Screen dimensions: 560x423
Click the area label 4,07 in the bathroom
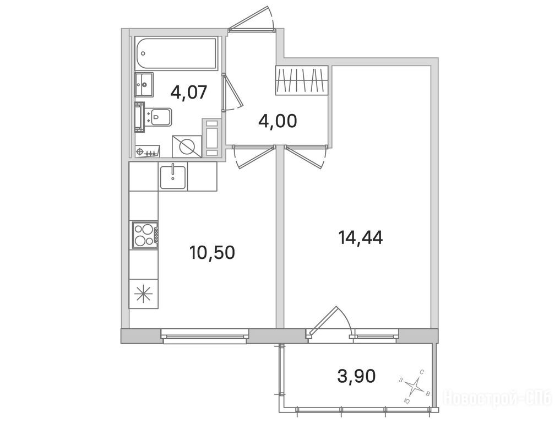point(188,93)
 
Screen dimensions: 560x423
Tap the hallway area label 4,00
point(278,121)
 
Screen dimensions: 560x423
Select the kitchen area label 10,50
point(212,253)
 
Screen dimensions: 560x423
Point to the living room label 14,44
point(361,237)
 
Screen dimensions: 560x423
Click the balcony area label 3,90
point(356,376)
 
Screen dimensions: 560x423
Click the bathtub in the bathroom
point(176,53)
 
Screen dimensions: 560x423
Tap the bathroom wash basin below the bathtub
point(144,84)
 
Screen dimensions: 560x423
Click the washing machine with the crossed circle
point(187,146)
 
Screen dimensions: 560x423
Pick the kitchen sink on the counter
point(173,177)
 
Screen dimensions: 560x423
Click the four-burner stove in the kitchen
point(145,235)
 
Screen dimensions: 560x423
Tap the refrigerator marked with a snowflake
point(144,294)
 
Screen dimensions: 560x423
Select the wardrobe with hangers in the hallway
point(302,80)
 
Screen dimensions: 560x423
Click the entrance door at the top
point(252,22)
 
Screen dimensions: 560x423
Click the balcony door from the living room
point(329,322)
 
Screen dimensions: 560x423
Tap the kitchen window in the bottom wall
point(205,337)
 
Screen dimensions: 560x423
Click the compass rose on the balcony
point(414,386)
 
